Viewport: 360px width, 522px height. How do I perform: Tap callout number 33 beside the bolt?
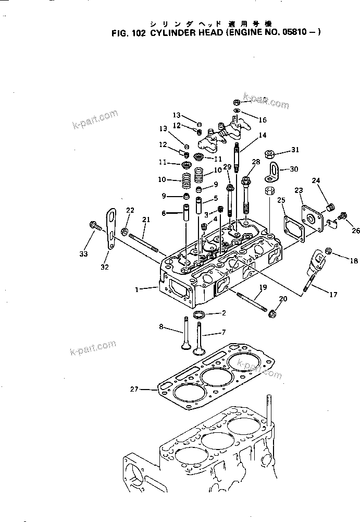pos(83,254)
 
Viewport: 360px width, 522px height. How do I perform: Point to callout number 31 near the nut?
pos(295,150)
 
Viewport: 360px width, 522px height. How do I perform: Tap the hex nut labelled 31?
pos(269,154)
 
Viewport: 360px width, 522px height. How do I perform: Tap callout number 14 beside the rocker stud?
pos(262,135)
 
